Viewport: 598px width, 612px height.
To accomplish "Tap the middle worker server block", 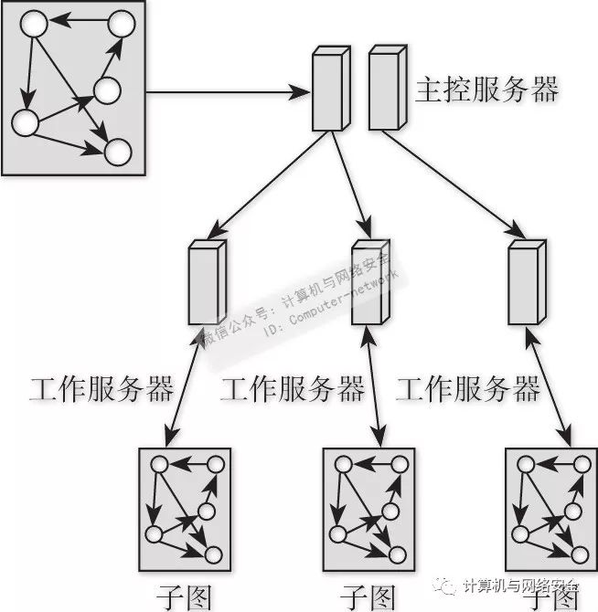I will coord(367,282).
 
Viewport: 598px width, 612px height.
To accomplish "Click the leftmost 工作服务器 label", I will coord(101,390).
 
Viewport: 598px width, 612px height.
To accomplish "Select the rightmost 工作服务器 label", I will coord(467,390).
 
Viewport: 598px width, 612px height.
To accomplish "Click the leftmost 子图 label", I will coord(183,596).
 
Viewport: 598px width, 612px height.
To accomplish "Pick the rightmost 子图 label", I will coord(550,596).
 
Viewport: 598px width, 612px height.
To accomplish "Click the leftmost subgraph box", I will coord(184,512).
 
